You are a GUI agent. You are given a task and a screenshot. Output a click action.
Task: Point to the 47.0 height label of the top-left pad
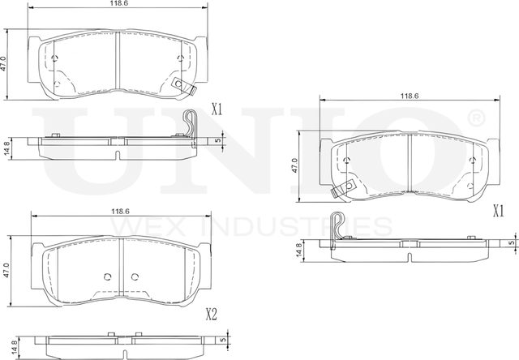[x=5, y=63]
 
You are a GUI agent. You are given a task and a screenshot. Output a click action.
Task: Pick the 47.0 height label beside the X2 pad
[x=7, y=270]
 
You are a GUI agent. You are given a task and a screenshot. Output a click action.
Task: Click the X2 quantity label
[x=212, y=313]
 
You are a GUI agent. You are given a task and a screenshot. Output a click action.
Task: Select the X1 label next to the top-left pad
[x=217, y=108]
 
